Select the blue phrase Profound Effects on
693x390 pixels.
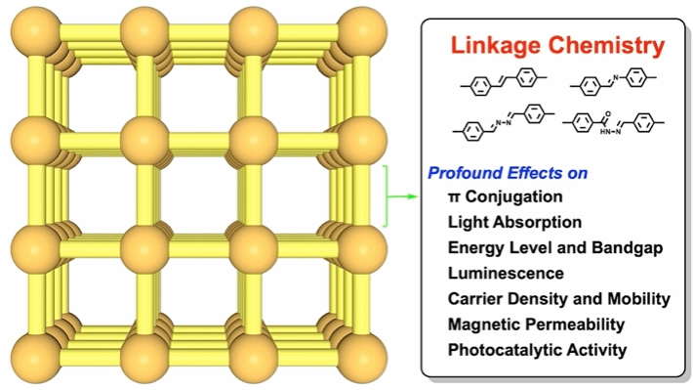[508, 173]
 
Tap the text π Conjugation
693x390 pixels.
[506, 197]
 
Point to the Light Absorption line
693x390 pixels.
[514, 222]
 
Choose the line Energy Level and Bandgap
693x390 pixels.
[555, 248]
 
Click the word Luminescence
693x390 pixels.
[506, 273]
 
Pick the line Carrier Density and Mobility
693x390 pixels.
[559, 299]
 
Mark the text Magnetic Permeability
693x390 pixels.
[536, 325]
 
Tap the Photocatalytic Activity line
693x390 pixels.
[538, 350]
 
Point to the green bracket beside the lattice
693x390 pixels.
[387, 196]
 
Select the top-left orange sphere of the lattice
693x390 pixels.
[35, 31]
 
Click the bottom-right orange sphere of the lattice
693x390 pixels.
[362, 358]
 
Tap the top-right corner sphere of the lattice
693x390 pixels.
[362, 31]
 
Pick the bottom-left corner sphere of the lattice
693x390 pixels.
[35, 358]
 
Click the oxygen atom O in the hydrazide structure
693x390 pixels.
[608, 114]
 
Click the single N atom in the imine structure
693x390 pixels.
[616, 78]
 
